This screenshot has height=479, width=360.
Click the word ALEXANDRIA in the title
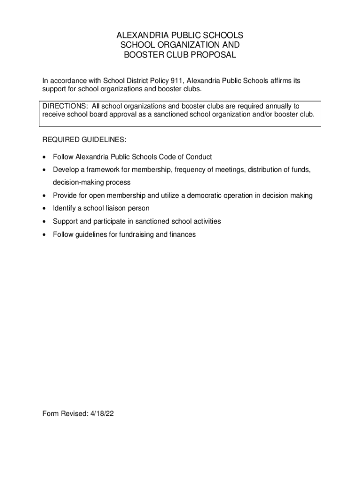coord(140,36)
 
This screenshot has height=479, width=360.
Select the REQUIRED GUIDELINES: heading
coord(84,139)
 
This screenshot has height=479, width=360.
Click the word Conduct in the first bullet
coord(199,157)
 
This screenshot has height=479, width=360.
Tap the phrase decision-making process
coord(92,182)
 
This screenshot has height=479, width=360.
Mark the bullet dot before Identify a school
coord(44,208)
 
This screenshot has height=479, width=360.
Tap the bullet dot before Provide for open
coord(44,196)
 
